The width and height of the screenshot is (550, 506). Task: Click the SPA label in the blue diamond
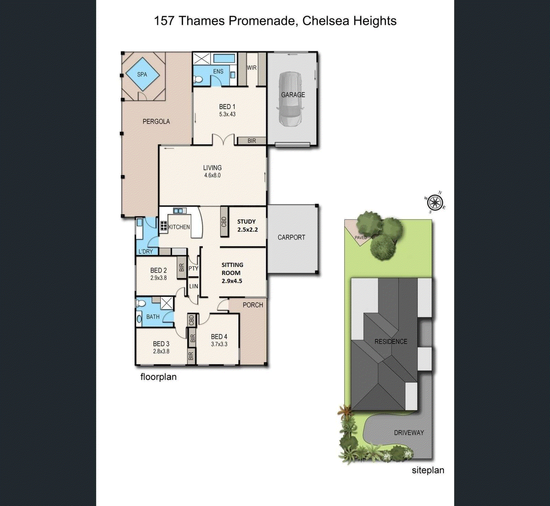[142, 74]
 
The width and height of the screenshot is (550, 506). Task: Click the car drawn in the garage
[290, 99]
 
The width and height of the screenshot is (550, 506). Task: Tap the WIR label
[252, 68]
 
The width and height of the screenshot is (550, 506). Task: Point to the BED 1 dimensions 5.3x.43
[227, 114]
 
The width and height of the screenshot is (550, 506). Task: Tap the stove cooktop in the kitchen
[164, 225]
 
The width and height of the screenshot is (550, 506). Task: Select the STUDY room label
[246, 222]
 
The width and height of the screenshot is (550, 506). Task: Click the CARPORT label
[291, 237]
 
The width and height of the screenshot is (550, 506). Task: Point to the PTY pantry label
[193, 268]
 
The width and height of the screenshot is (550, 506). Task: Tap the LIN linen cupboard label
[194, 286]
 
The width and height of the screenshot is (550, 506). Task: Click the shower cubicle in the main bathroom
[167, 303]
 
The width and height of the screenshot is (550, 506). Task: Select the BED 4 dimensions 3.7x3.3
[219, 344]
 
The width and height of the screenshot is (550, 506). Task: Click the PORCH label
[253, 305]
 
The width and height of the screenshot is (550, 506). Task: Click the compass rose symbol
[435, 202]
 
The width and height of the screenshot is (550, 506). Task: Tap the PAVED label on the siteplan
[361, 237]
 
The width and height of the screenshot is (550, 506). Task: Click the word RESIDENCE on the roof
[390, 341]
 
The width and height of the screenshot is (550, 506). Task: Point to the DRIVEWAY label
[409, 432]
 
